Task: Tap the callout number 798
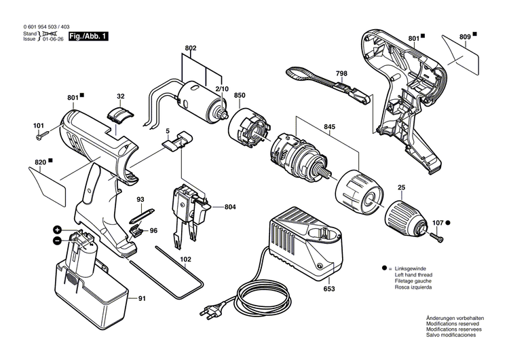[341, 74]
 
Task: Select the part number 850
[240, 96]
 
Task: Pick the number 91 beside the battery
[142, 297]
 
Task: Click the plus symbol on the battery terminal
[58, 230]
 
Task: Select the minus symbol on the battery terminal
[58, 240]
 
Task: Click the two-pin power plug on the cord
[208, 312]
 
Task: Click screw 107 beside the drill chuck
[436, 236]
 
